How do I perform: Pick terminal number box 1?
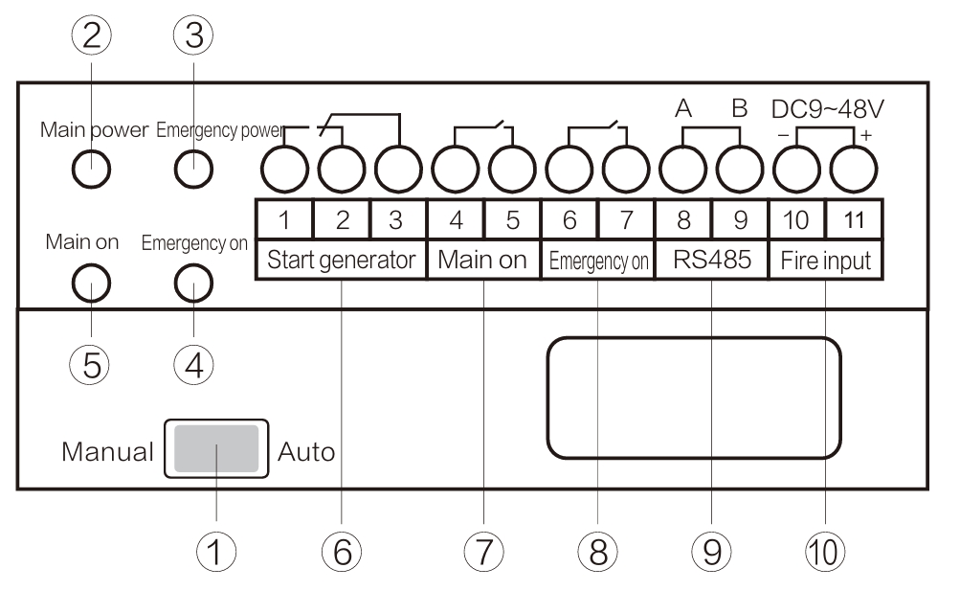click(x=284, y=219)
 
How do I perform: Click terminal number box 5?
click(x=512, y=219)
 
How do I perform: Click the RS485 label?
click(x=711, y=260)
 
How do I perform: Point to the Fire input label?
click(x=825, y=260)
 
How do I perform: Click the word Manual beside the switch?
click(x=106, y=451)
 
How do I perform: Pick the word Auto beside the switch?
click(x=306, y=451)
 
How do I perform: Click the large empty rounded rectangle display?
click(x=694, y=396)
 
